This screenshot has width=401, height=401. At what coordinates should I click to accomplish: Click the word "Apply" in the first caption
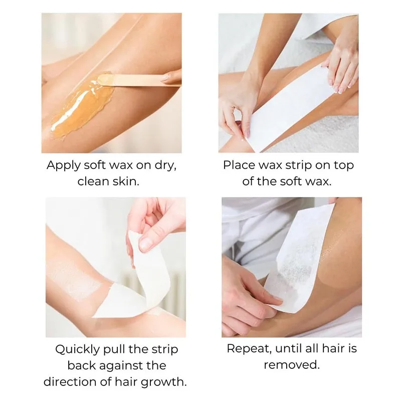point(64,166)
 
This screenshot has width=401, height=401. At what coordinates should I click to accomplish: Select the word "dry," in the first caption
point(165,165)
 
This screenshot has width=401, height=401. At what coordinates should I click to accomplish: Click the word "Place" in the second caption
point(239,165)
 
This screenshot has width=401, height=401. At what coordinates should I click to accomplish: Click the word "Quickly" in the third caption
point(77,350)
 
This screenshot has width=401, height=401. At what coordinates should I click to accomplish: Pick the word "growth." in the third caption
point(164,382)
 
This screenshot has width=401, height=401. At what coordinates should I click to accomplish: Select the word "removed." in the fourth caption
point(292,365)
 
